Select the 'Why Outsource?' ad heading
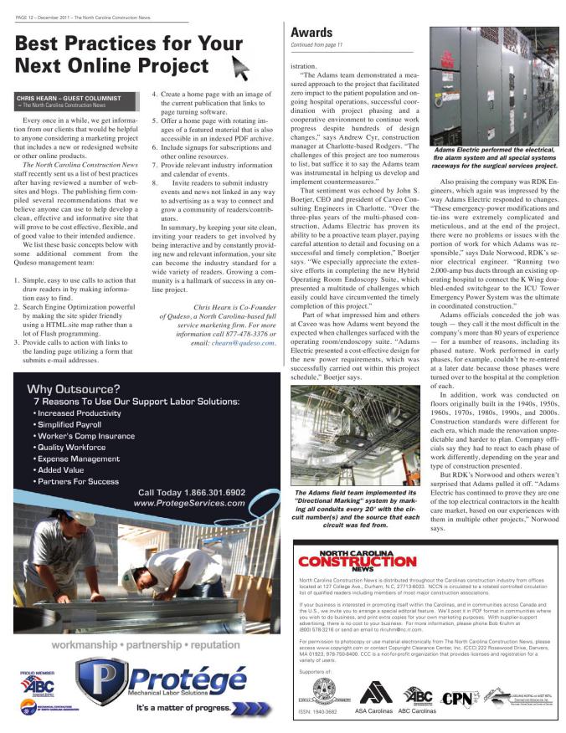coord(73,388)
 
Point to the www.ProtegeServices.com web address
coord(189,504)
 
